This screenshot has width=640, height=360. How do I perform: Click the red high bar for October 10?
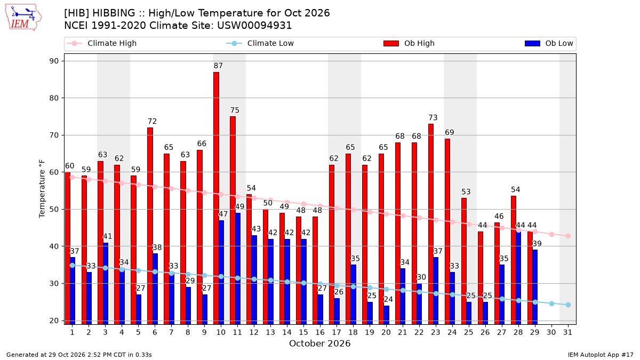[x=217, y=198]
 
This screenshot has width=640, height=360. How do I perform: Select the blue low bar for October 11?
[x=238, y=269]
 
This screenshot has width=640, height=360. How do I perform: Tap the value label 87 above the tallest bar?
[x=218, y=66]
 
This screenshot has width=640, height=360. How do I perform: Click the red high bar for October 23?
[x=431, y=224]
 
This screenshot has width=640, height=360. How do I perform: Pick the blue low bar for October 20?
[x=386, y=315]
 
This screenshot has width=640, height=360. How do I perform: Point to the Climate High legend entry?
[x=102, y=43]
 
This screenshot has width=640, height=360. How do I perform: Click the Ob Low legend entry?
[x=549, y=43]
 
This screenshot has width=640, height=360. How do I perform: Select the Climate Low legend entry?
[x=260, y=43]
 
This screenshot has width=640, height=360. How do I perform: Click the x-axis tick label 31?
[x=567, y=332]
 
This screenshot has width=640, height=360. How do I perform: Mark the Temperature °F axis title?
[x=42, y=189]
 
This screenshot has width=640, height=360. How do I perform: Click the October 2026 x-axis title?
[x=319, y=343]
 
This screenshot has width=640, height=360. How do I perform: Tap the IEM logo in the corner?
[x=23, y=18]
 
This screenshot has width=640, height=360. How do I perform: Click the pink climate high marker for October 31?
[x=568, y=236]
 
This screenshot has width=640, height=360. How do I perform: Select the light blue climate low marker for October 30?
[x=551, y=303]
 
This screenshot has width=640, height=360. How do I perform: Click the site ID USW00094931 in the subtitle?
[x=254, y=26]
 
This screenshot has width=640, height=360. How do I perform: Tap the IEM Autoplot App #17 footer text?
[x=601, y=355]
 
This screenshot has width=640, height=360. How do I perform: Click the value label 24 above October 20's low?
[x=388, y=299]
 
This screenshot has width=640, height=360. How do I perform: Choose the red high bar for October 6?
[x=150, y=226]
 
